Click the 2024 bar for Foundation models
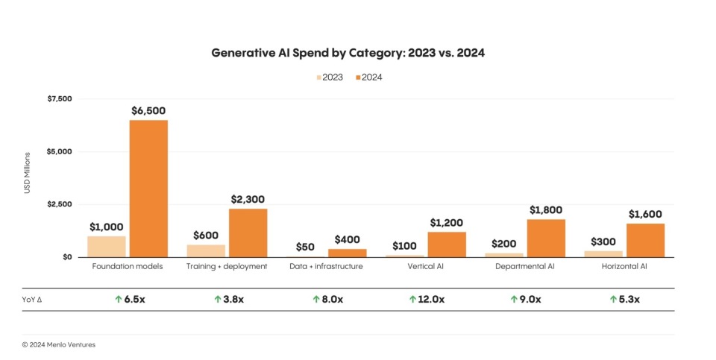148,189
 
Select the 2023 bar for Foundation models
107,247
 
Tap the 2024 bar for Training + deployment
248,233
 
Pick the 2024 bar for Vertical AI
447,244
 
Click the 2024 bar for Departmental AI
546,238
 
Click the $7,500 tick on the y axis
60,99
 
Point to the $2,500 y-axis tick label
60,204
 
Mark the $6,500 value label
148,110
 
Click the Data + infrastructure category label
327,266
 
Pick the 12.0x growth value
432,300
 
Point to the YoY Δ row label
32,300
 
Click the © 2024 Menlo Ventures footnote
58,344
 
